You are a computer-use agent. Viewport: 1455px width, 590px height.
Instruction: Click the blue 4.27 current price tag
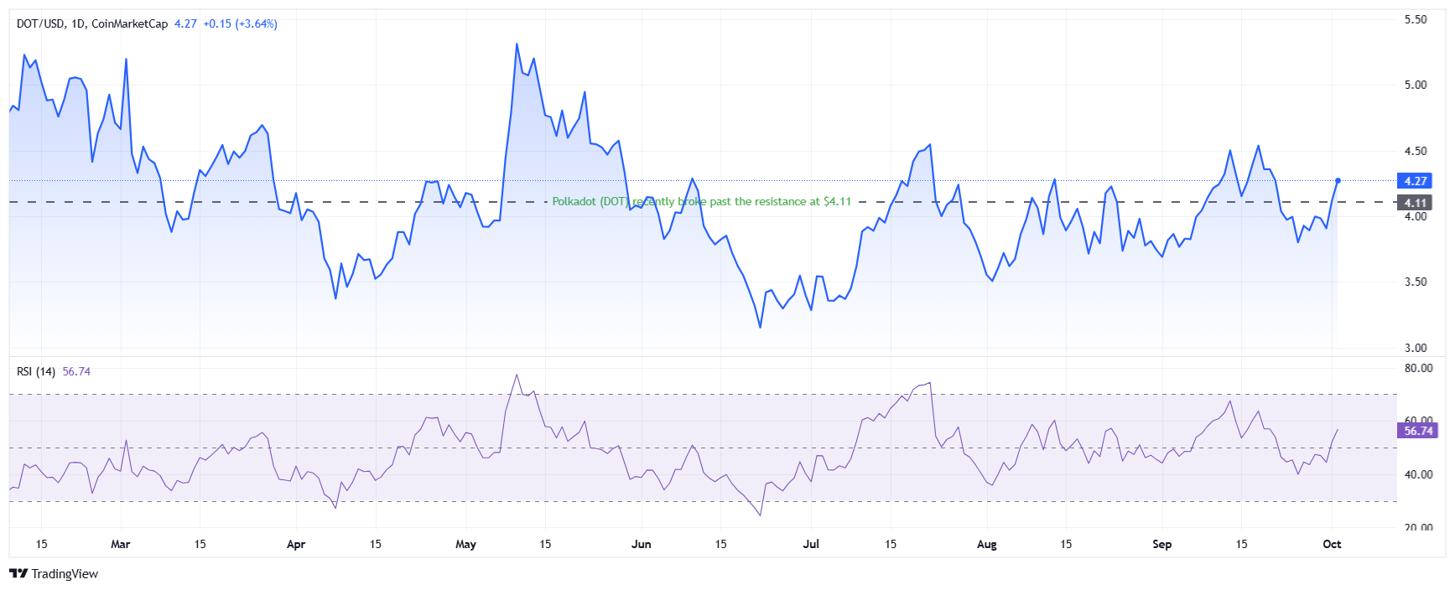click(x=1416, y=181)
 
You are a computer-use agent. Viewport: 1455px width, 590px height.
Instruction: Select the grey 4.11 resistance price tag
click(x=1416, y=203)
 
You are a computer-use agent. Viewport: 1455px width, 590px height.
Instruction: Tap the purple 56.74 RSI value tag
click(x=1418, y=431)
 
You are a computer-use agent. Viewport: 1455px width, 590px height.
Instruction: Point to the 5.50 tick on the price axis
click(x=1416, y=19)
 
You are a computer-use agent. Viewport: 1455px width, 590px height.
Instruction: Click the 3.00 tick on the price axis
click(x=1416, y=348)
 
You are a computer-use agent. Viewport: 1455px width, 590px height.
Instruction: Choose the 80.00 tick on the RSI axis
click(x=1418, y=368)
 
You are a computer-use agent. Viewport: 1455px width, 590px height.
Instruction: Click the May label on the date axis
click(x=465, y=545)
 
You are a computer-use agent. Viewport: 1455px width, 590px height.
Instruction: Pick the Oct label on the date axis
click(x=1332, y=545)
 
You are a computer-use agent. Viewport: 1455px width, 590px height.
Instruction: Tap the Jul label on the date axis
click(x=811, y=545)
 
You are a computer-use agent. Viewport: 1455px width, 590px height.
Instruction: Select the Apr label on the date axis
click(x=296, y=545)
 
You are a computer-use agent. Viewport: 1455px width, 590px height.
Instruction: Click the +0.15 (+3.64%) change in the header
click(x=240, y=23)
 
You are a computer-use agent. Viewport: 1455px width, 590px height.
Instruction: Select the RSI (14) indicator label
click(x=36, y=371)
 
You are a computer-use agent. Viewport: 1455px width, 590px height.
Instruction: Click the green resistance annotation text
click(x=701, y=202)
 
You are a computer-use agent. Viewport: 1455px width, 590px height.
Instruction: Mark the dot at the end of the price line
click(x=1338, y=180)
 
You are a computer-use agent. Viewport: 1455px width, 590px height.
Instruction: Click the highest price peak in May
click(x=517, y=44)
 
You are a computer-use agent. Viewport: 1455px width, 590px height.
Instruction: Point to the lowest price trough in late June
click(x=761, y=327)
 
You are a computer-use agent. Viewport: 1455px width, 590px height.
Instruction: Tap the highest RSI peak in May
click(x=517, y=375)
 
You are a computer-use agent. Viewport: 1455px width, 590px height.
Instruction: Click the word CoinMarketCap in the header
click(x=129, y=23)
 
